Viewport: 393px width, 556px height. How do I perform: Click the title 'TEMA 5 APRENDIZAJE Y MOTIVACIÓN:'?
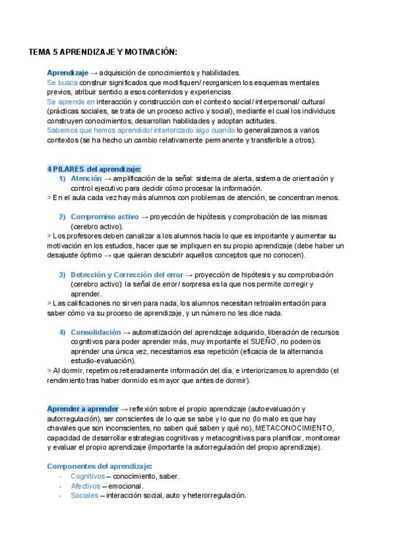(103, 52)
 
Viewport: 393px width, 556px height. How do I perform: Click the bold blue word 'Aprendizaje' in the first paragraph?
(67, 73)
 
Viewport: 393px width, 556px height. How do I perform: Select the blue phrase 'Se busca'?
(62, 83)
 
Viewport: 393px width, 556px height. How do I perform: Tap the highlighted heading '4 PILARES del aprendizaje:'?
(94, 169)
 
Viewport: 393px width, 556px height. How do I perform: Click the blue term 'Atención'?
(86, 178)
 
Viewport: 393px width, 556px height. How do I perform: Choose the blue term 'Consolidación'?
(96, 332)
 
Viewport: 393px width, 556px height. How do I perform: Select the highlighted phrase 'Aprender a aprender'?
(83, 408)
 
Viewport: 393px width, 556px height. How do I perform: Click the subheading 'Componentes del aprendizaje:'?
(99, 466)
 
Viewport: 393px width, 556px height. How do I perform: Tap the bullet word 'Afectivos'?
(85, 486)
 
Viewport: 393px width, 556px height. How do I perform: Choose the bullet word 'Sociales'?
(84, 496)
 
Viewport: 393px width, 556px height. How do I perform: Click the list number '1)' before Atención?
(62, 178)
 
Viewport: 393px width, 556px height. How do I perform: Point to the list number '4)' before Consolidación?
(62, 332)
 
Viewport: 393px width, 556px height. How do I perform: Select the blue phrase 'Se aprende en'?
(71, 102)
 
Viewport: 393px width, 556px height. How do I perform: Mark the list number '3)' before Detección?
(62, 274)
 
